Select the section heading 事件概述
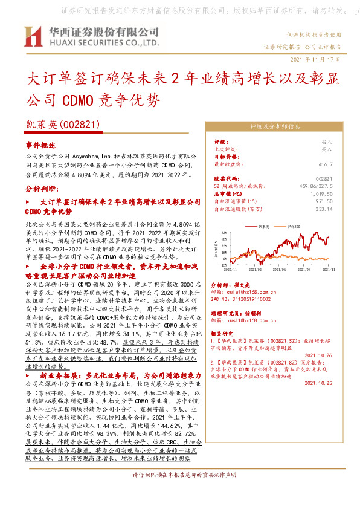pyautogui.click(x=40, y=146)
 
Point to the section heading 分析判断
pyautogui.click(x=41, y=189)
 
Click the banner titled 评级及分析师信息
pyautogui.click(x=274, y=127)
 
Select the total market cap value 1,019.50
pyautogui.click(x=321, y=193)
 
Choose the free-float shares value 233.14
pyautogui.click(x=324, y=209)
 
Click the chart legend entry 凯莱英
pyautogui.click(x=263, y=225)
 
